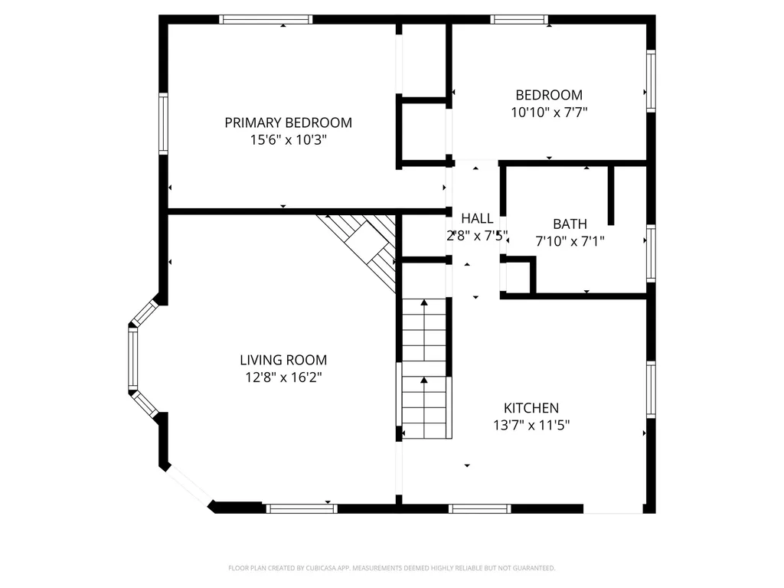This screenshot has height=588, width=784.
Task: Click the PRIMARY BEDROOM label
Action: pos(288,122)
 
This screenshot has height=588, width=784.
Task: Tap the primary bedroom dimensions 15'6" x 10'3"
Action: pos(288,139)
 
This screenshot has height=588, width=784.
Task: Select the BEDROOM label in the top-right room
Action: pos(549,95)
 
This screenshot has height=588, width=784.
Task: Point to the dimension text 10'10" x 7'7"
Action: pos(549,112)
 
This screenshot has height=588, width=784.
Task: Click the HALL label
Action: pos(477,218)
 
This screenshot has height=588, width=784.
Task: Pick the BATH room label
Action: pos(570,224)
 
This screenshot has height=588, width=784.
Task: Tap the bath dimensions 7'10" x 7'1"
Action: pos(570,241)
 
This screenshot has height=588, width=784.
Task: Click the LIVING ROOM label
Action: pos(283,360)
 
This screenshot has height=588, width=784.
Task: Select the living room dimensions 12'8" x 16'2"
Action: pos(283,377)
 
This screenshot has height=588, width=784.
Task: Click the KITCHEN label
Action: pos(531,408)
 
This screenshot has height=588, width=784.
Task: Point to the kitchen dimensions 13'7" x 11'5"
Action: pos(531,425)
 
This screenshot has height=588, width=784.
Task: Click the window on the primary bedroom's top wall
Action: pos(266,19)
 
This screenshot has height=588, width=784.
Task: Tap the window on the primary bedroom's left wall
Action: pos(164,123)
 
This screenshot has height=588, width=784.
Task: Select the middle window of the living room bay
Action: pos(133,358)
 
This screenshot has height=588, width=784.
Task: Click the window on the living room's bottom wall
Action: pos(302,509)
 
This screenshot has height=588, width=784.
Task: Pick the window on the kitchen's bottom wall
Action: pos(479,509)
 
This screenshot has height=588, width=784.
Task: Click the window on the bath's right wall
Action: pos(651,253)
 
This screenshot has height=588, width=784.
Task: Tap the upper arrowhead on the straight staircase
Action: pos(424,302)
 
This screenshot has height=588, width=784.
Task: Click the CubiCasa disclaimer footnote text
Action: pos(391,568)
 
